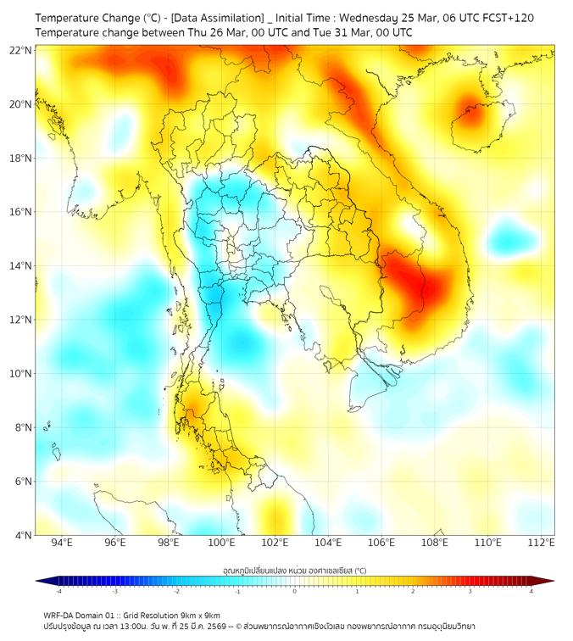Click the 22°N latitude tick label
click(x=20, y=50)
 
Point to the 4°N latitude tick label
click(x=23, y=535)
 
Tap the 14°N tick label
click(x=20, y=265)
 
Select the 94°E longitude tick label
click(x=62, y=543)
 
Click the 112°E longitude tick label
click(x=541, y=543)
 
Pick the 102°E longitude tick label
click(x=275, y=543)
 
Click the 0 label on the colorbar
click(x=295, y=591)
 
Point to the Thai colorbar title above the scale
click(x=294, y=571)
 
